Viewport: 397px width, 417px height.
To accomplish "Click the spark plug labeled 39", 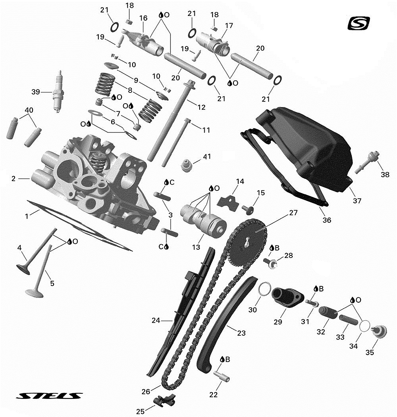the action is click(59, 91).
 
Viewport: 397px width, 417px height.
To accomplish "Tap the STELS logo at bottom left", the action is click(49, 396).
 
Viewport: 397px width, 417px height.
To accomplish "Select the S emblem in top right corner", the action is click(358, 23).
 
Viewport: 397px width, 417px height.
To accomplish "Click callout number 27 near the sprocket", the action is click(293, 213).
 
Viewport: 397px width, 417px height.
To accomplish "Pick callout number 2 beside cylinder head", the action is click(14, 178).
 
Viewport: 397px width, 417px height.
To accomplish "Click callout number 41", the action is click(207, 156).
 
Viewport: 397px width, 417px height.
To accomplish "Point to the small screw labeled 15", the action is click(247, 209).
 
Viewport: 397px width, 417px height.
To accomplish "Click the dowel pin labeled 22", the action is click(222, 377).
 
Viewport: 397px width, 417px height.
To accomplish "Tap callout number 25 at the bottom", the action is click(140, 411).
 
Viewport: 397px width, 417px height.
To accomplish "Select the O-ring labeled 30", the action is click(265, 289).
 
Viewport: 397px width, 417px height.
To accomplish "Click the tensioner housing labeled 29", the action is click(287, 297).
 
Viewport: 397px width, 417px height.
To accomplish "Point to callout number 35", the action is click(370, 352).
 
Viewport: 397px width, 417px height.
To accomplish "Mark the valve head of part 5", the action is click(34, 293).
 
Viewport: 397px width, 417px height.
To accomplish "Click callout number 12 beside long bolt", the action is click(202, 107).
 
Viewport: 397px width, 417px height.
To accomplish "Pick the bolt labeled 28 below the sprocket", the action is click(270, 263).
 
